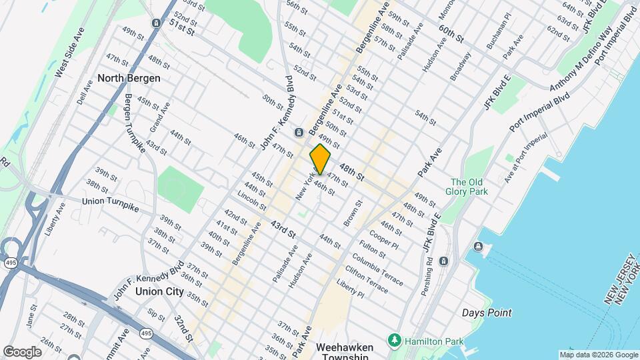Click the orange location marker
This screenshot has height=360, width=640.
coord(320,159)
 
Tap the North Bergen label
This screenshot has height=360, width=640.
coord(129,78)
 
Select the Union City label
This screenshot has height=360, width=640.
coord(159,291)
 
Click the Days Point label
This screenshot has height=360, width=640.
coord(487,313)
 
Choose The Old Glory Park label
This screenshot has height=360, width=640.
coord(469,187)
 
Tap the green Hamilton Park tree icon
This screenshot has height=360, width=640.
coord(395,341)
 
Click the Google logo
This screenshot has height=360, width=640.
coord(22,351)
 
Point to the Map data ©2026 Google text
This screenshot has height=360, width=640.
coord(599,354)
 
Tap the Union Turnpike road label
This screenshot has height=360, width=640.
coord(110,204)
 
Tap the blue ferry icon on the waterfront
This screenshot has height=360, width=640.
coord(478,247)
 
